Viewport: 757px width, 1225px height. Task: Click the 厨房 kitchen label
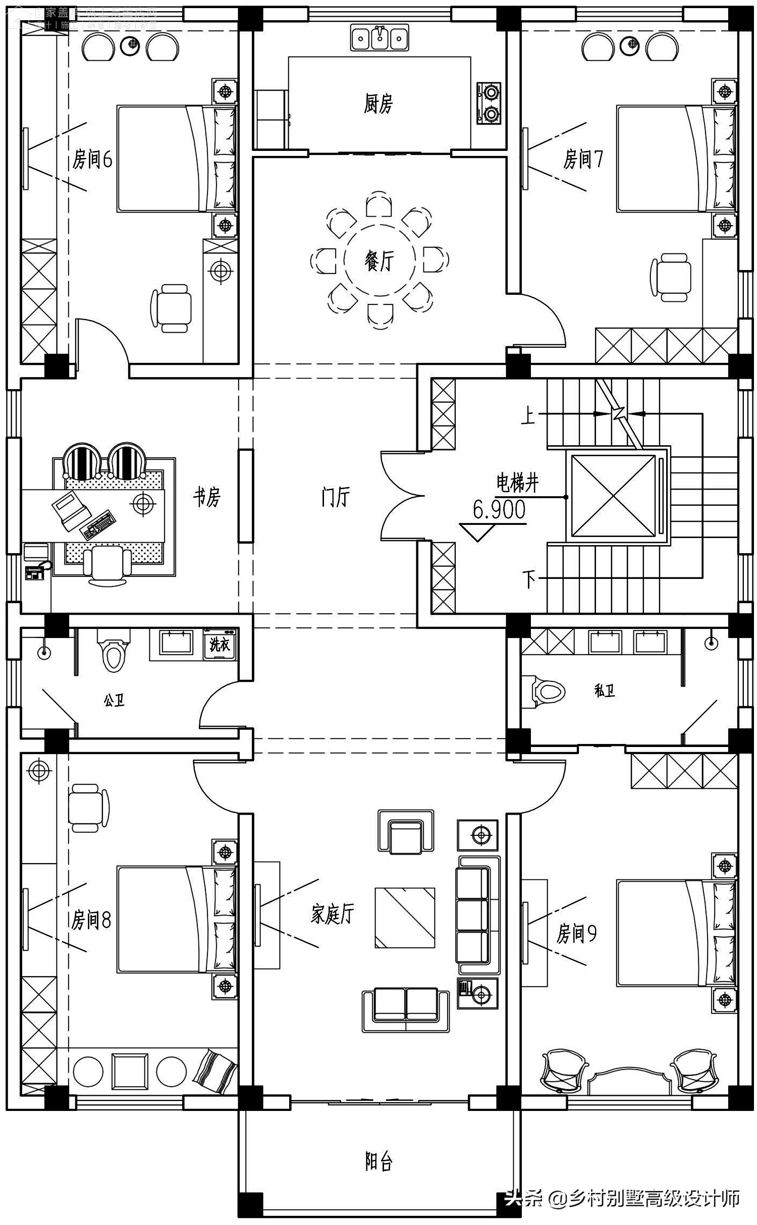pyautogui.click(x=378, y=104)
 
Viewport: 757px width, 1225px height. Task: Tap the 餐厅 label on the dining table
pyautogui.click(x=379, y=261)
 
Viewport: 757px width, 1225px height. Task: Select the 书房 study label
pyautogui.click(x=207, y=497)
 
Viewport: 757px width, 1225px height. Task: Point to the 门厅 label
pyautogui.click(x=335, y=497)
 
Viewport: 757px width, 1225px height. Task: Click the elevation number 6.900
pyautogui.click(x=499, y=510)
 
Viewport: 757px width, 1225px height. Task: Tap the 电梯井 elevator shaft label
pyautogui.click(x=518, y=483)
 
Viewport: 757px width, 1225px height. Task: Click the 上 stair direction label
pyautogui.click(x=528, y=416)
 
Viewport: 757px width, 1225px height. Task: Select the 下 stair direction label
pyautogui.click(x=529, y=579)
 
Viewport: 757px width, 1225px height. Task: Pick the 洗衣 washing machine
pyautogui.click(x=220, y=644)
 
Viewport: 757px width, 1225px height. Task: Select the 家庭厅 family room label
pyautogui.click(x=333, y=914)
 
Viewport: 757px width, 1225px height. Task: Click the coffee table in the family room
pyautogui.click(x=405, y=918)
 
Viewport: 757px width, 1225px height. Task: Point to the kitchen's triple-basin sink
pyautogui.click(x=380, y=38)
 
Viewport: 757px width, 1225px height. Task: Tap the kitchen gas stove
pyautogui.click(x=489, y=103)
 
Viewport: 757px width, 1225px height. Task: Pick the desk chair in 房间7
pyautogui.click(x=671, y=278)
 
